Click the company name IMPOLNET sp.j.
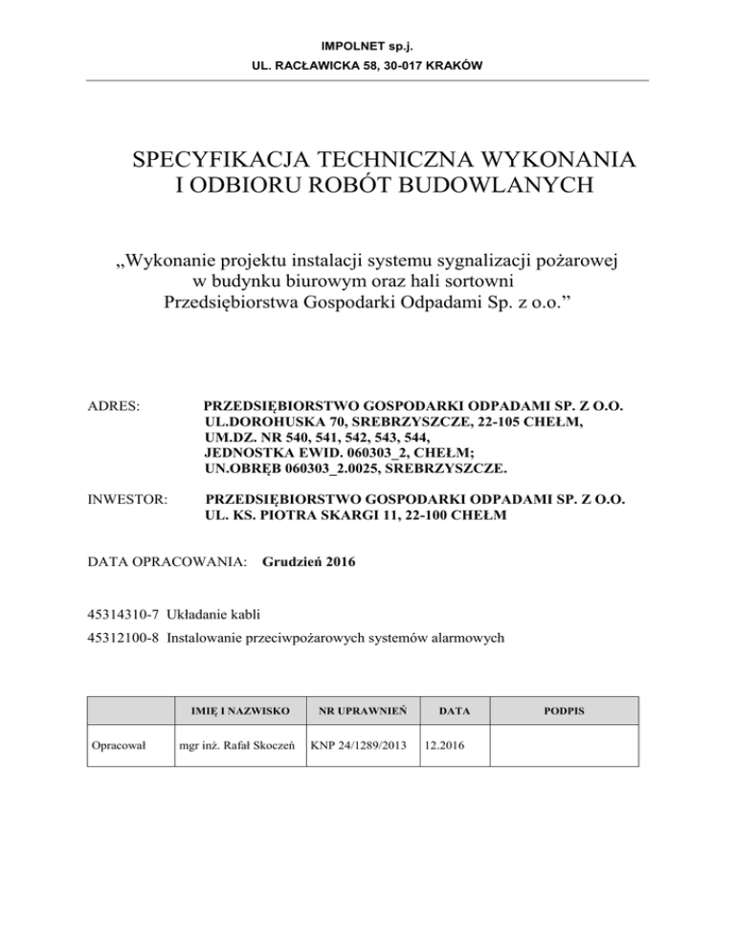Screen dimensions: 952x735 click(x=367, y=45)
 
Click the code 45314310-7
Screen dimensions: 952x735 click(x=122, y=612)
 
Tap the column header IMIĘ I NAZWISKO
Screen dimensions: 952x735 click(x=231, y=712)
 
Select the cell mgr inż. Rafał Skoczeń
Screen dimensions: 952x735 click(x=232, y=745)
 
